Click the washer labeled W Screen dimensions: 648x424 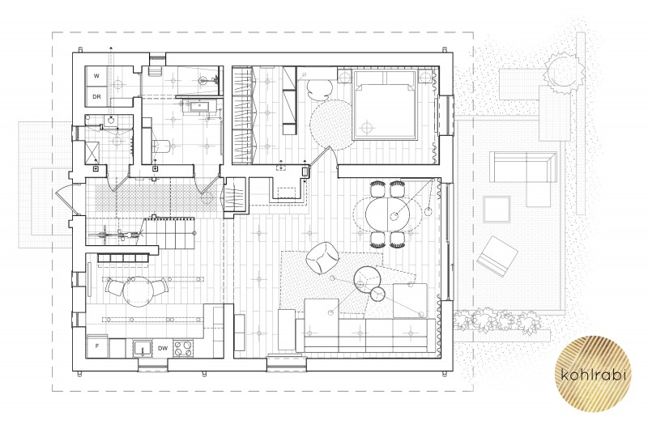96,76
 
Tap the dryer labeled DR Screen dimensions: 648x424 96,97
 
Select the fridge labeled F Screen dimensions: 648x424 97,347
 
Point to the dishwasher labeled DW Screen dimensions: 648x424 163,349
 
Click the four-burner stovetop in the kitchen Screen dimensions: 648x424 183,348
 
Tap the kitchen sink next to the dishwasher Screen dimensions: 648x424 143,349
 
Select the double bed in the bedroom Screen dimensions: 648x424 384,104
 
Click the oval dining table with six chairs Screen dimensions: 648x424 388,214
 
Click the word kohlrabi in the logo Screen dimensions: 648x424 594,375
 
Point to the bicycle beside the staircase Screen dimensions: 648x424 117,235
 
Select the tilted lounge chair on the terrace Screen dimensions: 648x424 497,257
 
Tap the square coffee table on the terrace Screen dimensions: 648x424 497,210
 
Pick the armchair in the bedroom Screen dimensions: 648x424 318,89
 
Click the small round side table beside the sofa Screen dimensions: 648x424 377,294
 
